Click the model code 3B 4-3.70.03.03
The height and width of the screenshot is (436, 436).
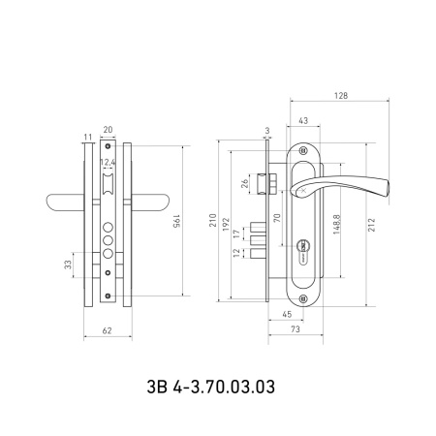[x=211, y=387]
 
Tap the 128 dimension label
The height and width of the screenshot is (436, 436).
[x=341, y=96]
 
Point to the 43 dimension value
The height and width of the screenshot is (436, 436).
[x=303, y=121]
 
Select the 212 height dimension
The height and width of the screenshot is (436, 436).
[x=372, y=225]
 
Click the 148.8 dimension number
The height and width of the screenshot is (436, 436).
[x=336, y=224]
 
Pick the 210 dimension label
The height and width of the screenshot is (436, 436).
[x=213, y=220]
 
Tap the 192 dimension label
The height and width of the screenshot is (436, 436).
[x=226, y=225]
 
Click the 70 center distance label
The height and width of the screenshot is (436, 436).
[x=277, y=218]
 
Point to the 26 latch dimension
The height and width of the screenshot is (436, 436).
[x=245, y=183]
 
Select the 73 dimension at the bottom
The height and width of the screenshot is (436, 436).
[x=296, y=329]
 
